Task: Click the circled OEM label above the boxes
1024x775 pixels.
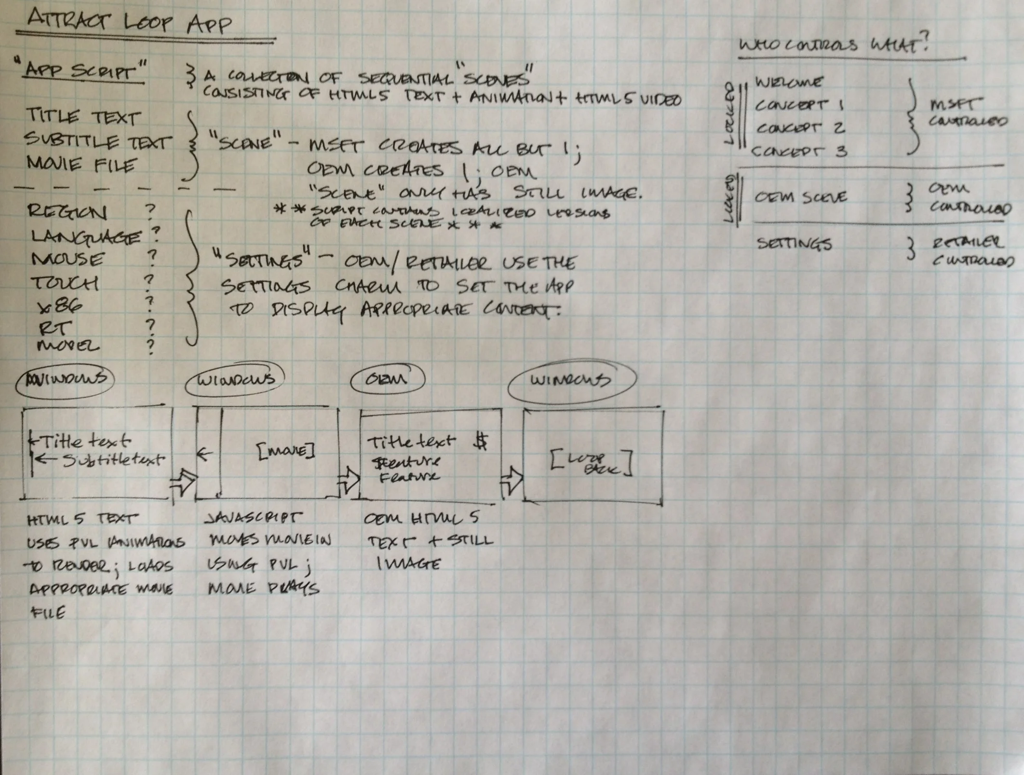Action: [x=387, y=379]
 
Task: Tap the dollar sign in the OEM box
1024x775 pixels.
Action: [x=481, y=442]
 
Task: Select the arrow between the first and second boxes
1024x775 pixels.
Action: [x=183, y=482]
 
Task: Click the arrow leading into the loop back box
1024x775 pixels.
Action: [x=512, y=480]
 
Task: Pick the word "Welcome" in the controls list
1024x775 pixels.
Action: [x=788, y=82]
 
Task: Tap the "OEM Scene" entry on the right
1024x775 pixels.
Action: [x=801, y=197]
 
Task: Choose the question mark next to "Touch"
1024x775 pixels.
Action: [x=149, y=281]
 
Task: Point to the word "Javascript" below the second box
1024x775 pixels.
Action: [x=254, y=518]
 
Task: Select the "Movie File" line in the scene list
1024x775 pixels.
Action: [x=81, y=165]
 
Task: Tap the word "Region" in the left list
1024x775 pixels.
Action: [x=67, y=211]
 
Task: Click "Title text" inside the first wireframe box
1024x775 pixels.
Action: [x=85, y=441]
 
